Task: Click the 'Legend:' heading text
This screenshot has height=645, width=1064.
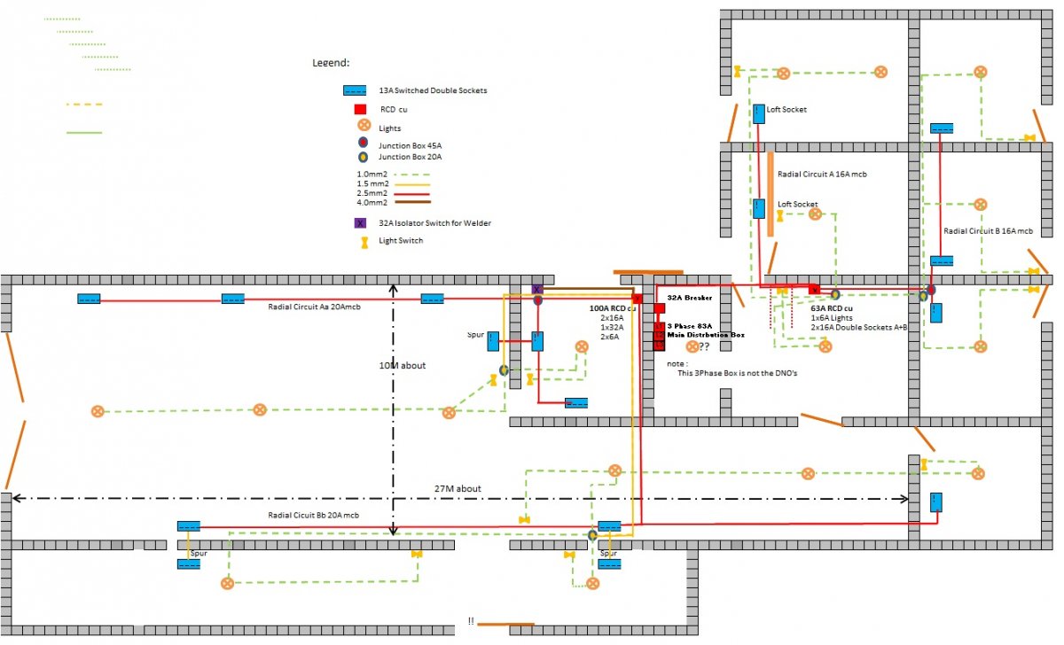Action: (331, 63)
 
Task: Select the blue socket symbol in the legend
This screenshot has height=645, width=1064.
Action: (355, 90)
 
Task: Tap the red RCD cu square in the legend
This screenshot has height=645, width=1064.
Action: (360, 109)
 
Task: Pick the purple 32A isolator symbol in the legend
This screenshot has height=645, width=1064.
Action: (360, 223)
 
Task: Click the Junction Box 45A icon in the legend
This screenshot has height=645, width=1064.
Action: (363, 143)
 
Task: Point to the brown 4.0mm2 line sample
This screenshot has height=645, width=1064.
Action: (413, 202)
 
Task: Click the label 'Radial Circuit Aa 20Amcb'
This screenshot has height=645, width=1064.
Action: (314, 307)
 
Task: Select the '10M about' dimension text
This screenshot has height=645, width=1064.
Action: (403, 365)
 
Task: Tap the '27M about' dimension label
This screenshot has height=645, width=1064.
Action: (458, 488)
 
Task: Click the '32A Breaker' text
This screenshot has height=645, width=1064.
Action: (690, 298)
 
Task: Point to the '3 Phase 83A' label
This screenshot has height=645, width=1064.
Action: (690, 326)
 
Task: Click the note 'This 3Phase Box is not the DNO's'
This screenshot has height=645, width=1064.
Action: (737, 373)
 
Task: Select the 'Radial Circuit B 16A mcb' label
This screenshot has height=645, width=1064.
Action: (988, 231)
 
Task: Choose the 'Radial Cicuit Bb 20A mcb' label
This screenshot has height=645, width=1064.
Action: (314, 515)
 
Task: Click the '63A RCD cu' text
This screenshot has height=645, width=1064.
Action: (832, 308)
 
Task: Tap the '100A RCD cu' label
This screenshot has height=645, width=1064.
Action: (613, 308)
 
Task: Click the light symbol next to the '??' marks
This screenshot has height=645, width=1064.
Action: (692, 346)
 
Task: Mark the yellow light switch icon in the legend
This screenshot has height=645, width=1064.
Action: (364, 243)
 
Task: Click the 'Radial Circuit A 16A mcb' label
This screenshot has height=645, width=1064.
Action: (822, 175)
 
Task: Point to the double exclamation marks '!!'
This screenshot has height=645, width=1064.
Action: (471, 621)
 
